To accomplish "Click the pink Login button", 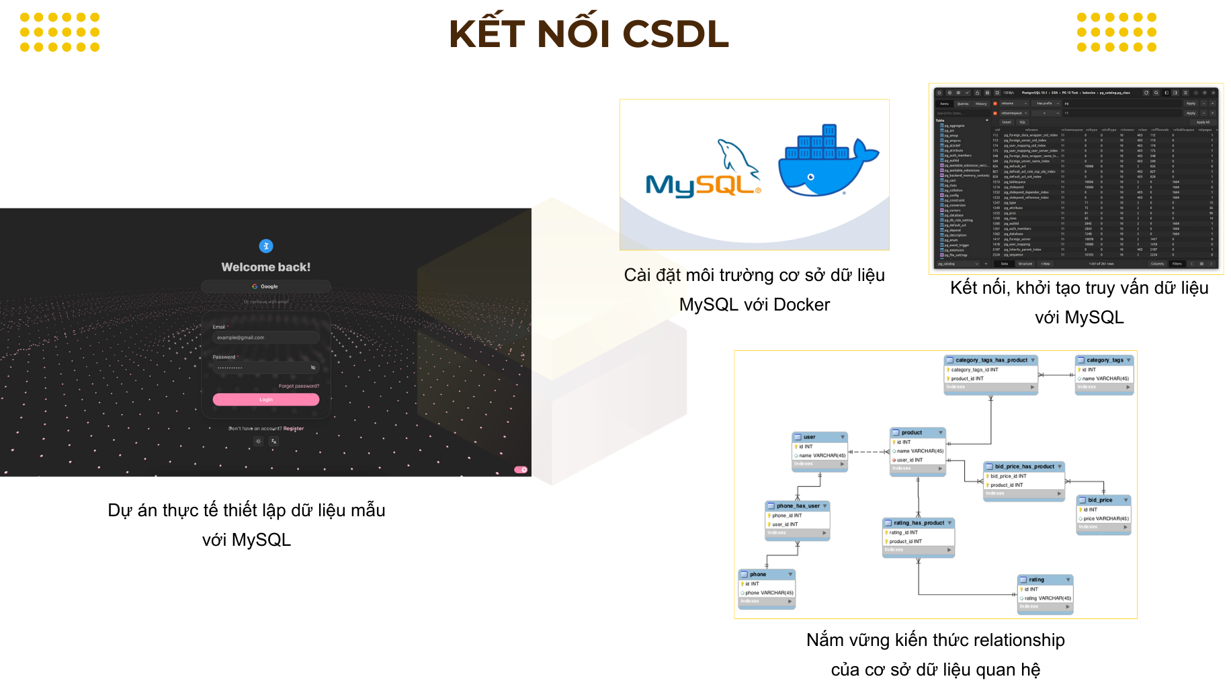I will (x=266, y=399).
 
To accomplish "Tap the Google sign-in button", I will (x=266, y=286).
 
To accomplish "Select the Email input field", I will (x=266, y=337).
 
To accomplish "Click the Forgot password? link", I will (x=299, y=386).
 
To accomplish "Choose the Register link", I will (x=294, y=428).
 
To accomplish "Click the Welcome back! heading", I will (x=266, y=267).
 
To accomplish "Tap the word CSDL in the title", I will (x=675, y=34).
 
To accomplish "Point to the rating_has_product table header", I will (x=919, y=522).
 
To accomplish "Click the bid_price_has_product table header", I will (x=1024, y=466).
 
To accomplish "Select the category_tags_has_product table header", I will (x=991, y=360).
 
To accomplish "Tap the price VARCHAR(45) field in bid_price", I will (x=1105, y=518).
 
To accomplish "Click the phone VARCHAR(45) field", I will (x=769, y=592).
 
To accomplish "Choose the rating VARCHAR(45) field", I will (x=1048, y=598).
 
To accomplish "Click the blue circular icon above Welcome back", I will (x=266, y=246).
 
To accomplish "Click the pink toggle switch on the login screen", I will (x=521, y=469).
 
